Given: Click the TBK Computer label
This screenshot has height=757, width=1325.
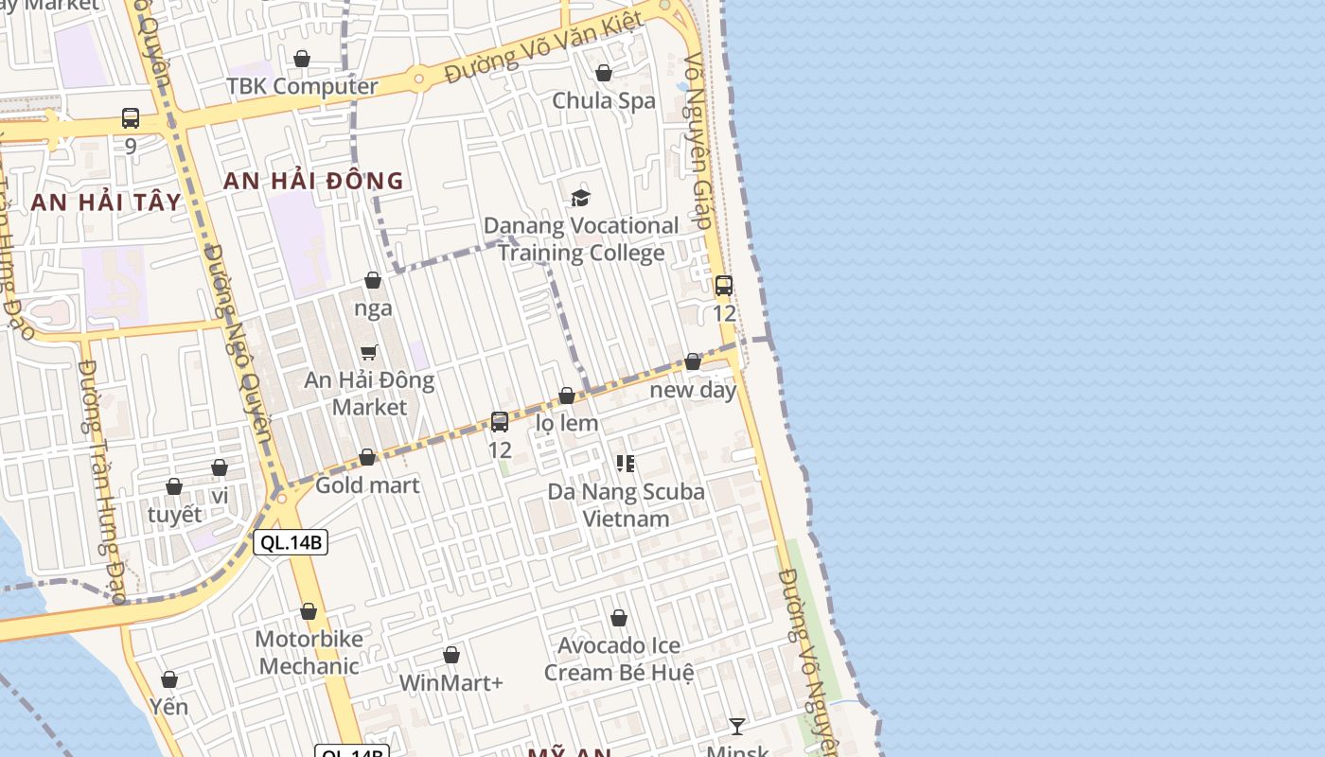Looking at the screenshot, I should click(x=302, y=86).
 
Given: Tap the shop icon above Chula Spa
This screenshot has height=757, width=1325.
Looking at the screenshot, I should click(x=604, y=73).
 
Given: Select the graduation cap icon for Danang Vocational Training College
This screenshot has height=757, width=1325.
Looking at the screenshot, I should click(x=580, y=198).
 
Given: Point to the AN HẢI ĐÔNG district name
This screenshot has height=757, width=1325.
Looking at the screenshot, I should click(x=313, y=181).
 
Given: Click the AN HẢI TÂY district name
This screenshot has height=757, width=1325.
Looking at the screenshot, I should click(x=105, y=202).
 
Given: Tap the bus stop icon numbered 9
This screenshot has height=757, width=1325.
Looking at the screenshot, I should click(x=131, y=118).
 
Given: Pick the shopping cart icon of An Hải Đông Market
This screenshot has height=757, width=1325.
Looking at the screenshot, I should click(x=369, y=353).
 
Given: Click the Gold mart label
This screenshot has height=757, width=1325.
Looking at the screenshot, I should click(x=367, y=485).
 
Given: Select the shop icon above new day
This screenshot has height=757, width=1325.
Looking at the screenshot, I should click(x=693, y=361).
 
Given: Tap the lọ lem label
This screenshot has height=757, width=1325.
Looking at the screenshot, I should click(x=567, y=423).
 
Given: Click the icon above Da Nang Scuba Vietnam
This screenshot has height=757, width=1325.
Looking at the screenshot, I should click(x=626, y=464).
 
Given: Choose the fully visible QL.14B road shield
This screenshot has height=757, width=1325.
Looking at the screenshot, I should click(x=291, y=542).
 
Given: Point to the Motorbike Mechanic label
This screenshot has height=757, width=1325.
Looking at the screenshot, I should click(x=309, y=652).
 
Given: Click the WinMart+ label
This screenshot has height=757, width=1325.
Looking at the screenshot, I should click(x=451, y=682).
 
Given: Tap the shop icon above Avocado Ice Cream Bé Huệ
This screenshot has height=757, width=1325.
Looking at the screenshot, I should click(x=619, y=619).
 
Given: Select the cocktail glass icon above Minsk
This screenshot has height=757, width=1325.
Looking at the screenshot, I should click(x=737, y=726).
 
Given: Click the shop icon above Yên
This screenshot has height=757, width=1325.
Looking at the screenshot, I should click(x=169, y=679).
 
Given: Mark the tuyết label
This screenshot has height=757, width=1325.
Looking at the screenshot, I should click(x=175, y=515).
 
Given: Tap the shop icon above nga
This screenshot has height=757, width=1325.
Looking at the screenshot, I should click(x=373, y=281).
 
